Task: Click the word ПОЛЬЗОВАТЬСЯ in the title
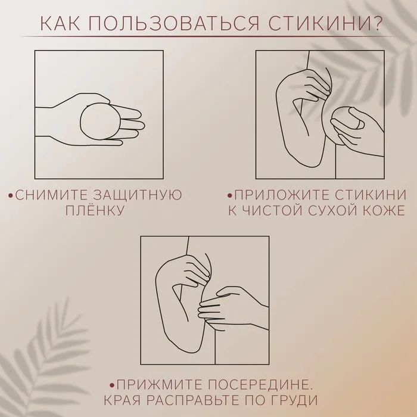click(174, 23)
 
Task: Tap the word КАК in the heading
click(60, 23)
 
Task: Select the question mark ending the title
click(377, 23)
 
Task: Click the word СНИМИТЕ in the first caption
click(51, 195)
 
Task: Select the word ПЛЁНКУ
click(95, 211)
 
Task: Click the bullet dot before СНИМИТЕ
click(11, 196)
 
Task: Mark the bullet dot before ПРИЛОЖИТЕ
click(230, 196)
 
